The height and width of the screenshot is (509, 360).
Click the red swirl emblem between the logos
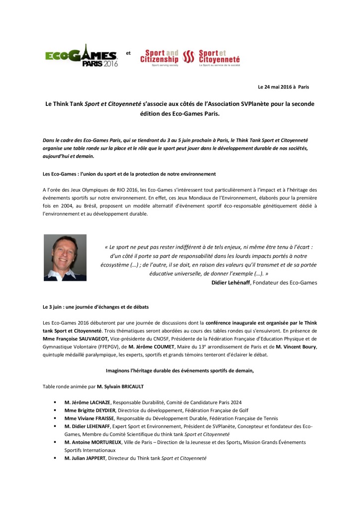188,58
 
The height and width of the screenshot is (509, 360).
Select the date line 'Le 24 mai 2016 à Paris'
283,86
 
